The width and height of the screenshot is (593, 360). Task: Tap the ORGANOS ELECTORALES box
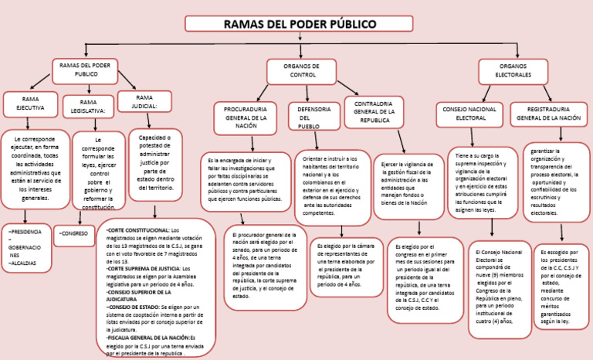tap(513, 71)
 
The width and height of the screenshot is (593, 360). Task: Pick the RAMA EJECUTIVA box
tap(31, 104)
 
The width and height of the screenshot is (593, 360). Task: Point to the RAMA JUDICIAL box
tap(144, 101)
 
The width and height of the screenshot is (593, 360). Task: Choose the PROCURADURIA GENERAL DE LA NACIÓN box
tap(246, 117)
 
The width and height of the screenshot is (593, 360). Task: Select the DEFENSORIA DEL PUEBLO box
tap(313, 117)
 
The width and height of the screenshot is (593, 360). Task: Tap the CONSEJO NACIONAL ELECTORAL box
tap(471, 114)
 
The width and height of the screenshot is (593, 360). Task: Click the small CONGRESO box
tap(75, 233)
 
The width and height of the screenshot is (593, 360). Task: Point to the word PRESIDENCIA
tap(25, 232)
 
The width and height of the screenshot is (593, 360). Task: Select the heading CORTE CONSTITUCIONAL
tap(137, 230)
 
